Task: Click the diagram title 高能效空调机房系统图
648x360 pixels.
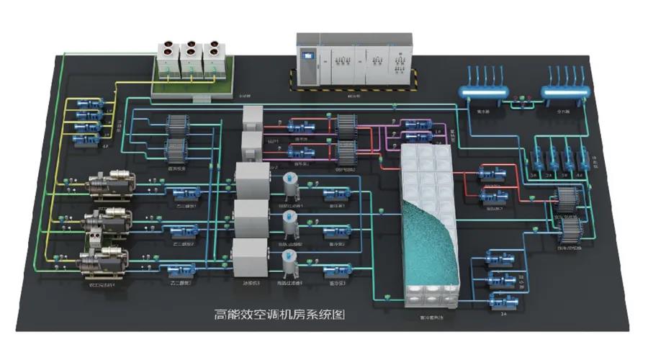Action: coord(280,314)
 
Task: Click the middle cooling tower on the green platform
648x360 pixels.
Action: coord(191,59)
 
